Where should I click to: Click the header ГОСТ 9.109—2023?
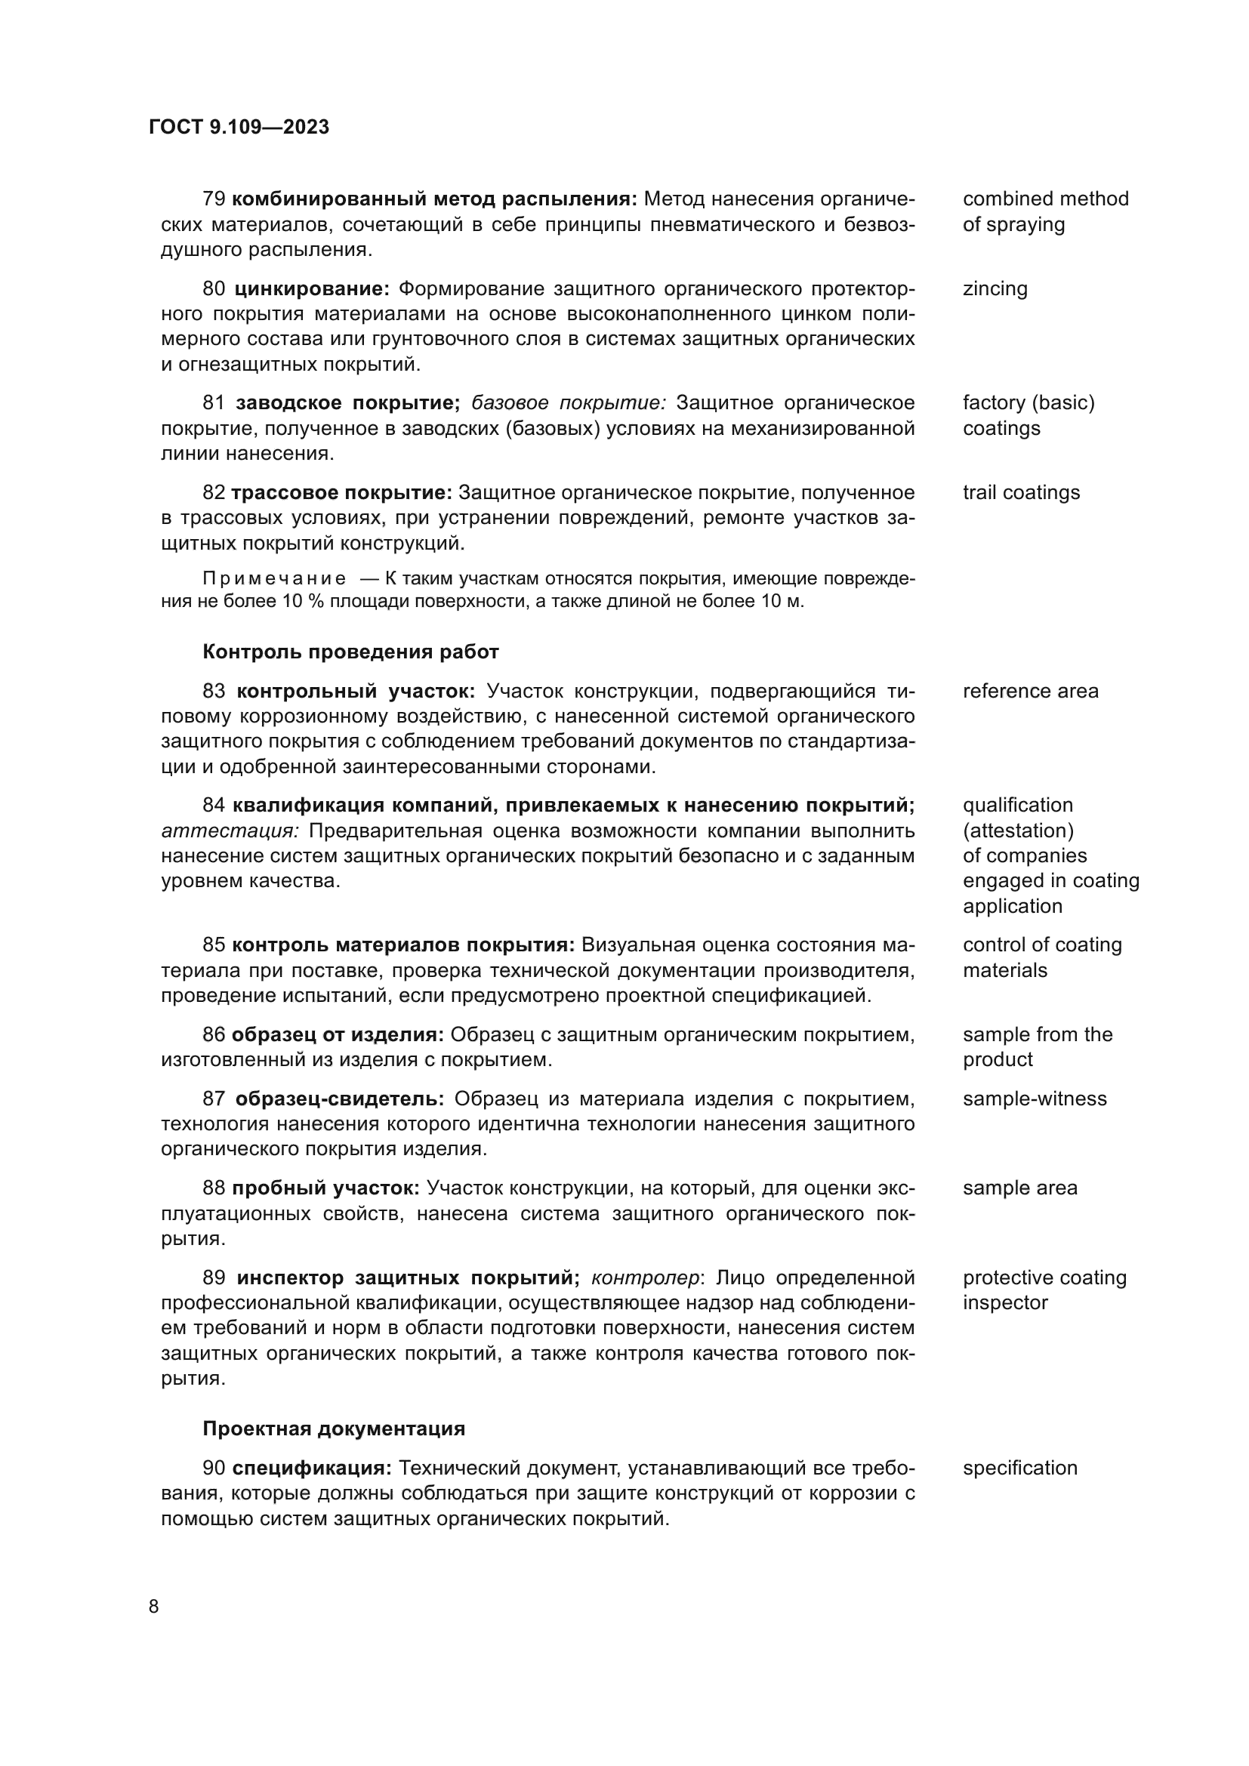(239, 128)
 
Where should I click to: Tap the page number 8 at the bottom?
(154, 1607)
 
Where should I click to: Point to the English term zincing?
(995, 289)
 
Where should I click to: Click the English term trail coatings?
(1021, 493)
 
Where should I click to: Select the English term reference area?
(1030, 692)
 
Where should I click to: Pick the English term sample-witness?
(1035, 1099)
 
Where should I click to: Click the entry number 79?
(213, 199)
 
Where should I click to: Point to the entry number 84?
(213, 806)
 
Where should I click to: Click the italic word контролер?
(644, 1278)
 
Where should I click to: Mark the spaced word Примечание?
(275, 578)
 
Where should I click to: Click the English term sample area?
(1019, 1188)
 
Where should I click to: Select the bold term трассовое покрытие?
(341, 493)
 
